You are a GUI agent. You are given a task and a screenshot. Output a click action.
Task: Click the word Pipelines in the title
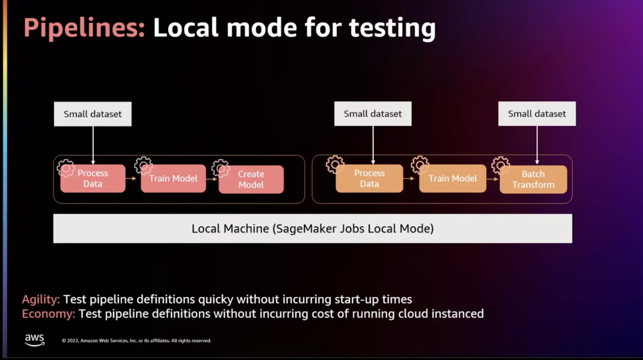(84, 28)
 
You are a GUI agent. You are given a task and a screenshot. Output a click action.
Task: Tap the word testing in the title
(392, 28)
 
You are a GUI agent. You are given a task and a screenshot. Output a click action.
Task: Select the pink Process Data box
(93, 178)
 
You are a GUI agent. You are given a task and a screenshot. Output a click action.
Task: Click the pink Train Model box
(173, 178)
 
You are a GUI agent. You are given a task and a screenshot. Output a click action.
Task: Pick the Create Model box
(251, 180)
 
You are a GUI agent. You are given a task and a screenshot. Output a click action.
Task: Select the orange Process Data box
(369, 178)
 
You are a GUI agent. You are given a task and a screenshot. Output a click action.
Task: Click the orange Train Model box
(453, 178)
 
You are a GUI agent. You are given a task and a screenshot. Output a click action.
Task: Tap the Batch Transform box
(533, 180)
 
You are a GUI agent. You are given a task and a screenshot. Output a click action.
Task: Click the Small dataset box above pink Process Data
(92, 114)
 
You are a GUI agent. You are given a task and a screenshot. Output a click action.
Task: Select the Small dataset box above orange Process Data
(373, 114)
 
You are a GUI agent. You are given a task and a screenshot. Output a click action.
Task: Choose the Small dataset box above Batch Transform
(537, 114)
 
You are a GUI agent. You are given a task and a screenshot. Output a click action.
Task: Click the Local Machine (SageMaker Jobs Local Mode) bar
(313, 229)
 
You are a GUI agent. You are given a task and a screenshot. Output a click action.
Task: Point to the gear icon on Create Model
(221, 168)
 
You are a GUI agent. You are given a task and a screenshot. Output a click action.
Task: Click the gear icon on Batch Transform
(501, 165)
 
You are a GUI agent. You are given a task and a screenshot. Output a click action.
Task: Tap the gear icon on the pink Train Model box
(143, 165)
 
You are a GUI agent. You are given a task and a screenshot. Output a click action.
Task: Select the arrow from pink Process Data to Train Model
(131, 178)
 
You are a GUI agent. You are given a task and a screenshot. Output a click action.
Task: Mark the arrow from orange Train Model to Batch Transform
(493, 179)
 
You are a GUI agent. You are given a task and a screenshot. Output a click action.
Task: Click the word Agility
(41, 299)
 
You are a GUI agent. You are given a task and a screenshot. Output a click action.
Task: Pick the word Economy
(48, 314)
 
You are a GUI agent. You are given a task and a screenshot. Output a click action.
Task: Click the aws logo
(35, 340)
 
